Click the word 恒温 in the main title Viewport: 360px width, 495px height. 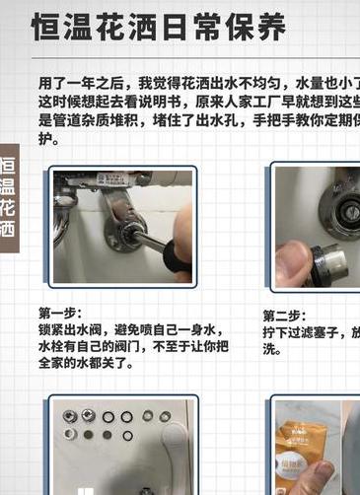[x=63, y=26]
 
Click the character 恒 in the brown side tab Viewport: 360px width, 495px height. [x=8, y=164]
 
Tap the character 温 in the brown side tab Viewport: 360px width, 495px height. [x=8, y=186]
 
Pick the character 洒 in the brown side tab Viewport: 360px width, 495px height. [x=8, y=231]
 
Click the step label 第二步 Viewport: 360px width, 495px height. [x=283, y=316]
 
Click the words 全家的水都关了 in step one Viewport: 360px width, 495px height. [x=87, y=362]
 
